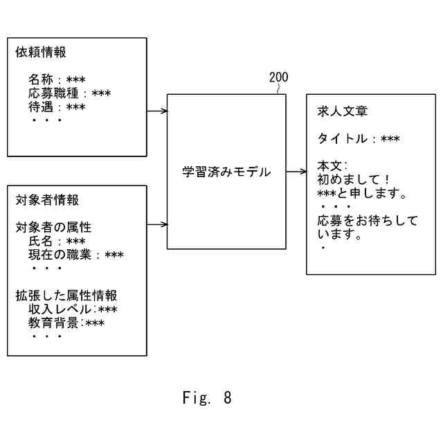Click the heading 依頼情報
(41, 52)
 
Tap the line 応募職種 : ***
(69, 93)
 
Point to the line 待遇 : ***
(57, 107)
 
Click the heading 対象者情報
(47, 200)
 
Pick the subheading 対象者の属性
(53, 228)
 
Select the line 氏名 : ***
(57, 242)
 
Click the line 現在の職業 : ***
(75, 255)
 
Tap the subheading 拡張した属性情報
(66, 296)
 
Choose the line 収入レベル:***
(73, 309)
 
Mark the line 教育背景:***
(66, 323)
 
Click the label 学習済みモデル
(226, 172)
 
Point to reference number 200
(278, 78)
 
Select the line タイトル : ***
(359, 139)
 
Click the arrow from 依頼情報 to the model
(157, 111)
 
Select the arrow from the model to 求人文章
(296, 172)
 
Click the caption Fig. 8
(207, 398)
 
